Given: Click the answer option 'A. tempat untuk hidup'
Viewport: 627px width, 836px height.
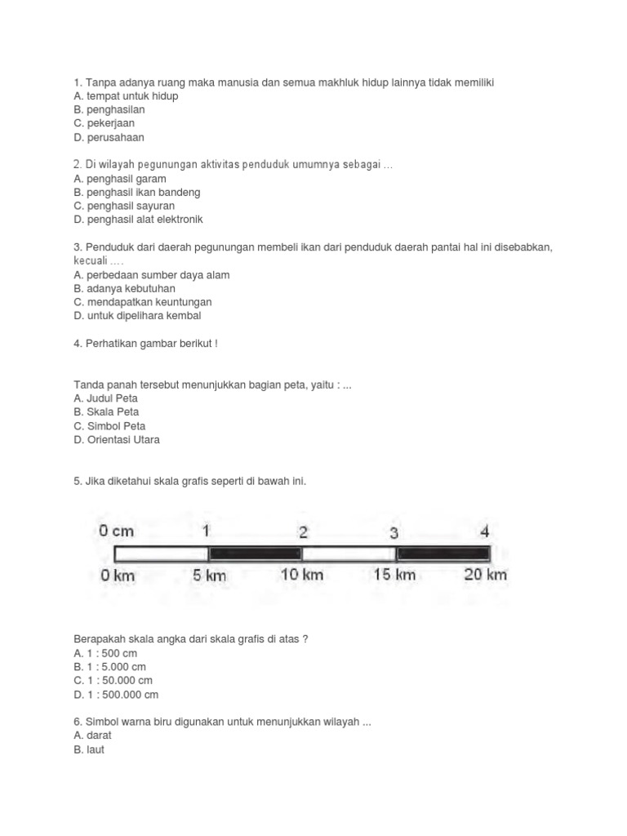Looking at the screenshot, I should tap(126, 96).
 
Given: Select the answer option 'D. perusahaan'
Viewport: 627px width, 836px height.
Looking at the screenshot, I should tap(109, 138).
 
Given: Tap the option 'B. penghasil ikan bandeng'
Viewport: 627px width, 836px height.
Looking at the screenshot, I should tap(136, 193).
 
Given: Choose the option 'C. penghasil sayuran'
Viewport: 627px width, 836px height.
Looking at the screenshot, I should tap(124, 207).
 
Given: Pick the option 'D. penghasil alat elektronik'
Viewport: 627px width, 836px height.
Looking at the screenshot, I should tap(138, 220).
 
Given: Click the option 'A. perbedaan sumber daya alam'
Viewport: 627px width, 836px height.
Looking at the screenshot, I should tap(151, 275).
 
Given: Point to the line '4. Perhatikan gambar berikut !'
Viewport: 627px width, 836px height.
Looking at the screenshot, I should tap(145, 344).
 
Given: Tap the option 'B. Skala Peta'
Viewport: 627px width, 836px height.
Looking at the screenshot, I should tap(106, 412).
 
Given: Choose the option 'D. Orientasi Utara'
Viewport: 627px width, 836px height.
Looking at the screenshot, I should tap(117, 440).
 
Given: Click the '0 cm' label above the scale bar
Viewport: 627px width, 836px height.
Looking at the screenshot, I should tap(117, 531).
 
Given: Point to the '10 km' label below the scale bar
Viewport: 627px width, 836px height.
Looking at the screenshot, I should tap(301, 575).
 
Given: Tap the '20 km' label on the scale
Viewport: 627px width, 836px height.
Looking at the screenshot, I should tap(485, 575).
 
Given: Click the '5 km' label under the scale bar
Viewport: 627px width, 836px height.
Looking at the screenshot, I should tap(209, 576).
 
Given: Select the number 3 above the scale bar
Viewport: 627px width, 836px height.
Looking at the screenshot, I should tap(394, 533).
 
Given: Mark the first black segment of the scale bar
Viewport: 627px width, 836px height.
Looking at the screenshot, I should tap(256, 554).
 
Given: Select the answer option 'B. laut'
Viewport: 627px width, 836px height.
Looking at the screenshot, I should tap(89, 749).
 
